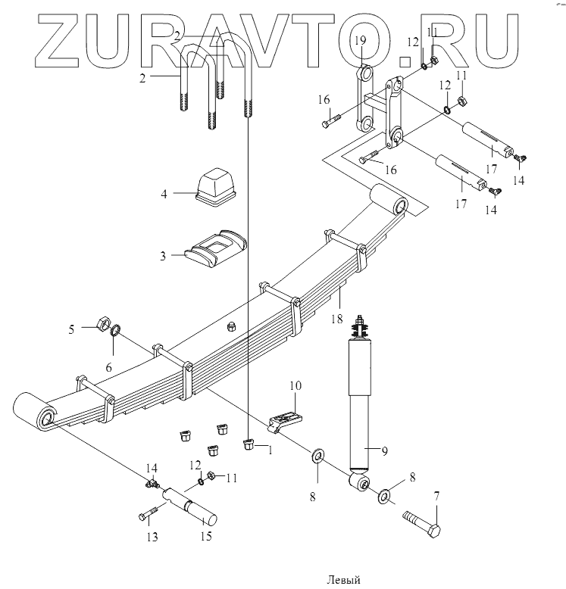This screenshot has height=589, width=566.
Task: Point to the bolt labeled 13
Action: click(149, 516)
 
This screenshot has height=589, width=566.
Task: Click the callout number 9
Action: click(384, 451)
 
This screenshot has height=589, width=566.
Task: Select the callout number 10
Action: click(293, 386)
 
